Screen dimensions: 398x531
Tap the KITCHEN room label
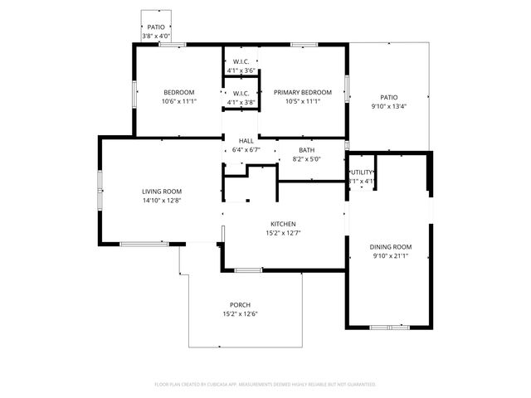[x=283, y=224]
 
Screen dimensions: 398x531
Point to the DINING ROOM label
[x=390, y=247]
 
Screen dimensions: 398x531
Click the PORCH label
[x=241, y=305]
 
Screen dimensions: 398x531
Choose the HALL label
[x=246, y=141]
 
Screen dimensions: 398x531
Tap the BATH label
[x=307, y=150]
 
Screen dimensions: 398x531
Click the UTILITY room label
[x=362, y=172]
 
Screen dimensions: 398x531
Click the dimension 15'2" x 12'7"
[x=283, y=233]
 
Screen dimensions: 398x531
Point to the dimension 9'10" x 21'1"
[x=390, y=256]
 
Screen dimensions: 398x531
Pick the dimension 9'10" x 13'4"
[x=388, y=106]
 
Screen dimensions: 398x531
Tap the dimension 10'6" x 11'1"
[x=178, y=101]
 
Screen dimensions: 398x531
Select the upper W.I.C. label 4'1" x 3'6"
[x=241, y=70]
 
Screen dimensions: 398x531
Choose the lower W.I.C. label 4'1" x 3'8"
[x=241, y=102]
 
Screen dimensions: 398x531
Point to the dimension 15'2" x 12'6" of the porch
[x=241, y=314]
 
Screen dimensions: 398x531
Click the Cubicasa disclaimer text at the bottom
[x=265, y=384]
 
